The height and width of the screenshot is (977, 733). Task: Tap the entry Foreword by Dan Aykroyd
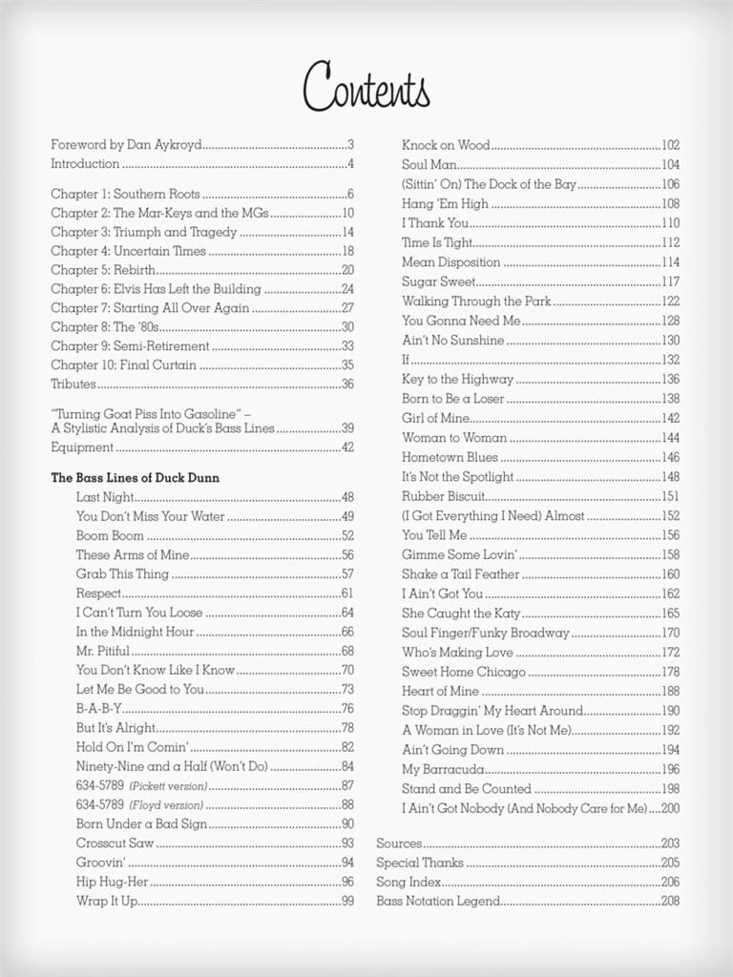[126, 145]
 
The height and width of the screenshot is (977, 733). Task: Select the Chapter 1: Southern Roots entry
[125, 194]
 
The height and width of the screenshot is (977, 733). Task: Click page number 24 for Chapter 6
[347, 289]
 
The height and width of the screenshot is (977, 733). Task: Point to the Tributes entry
[73, 384]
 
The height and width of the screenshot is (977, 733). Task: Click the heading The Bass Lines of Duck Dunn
[136, 477]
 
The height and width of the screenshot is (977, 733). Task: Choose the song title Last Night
[106, 497]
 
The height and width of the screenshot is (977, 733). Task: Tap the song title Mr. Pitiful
[103, 651]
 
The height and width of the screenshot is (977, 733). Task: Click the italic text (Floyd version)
[166, 805]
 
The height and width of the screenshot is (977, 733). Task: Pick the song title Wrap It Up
[107, 901]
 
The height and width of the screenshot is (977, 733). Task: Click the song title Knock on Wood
[446, 145]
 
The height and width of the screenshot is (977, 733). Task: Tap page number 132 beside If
[670, 360]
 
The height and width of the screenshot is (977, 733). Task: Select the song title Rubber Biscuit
[444, 496]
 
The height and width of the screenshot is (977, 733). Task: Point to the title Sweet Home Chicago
[464, 672]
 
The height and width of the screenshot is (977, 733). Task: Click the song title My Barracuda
[443, 769]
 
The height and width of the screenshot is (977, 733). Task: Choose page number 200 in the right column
[670, 808]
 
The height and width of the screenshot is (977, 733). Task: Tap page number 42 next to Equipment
[347, 447]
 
